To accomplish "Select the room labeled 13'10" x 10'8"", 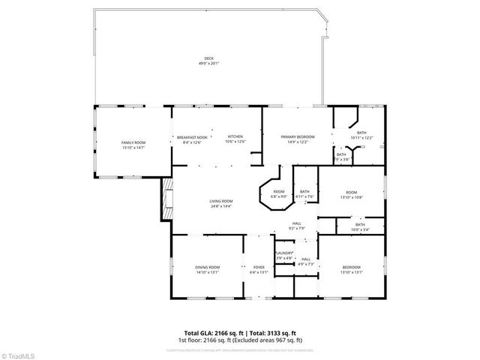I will point(352,194).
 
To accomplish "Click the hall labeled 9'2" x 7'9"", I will point(297,226).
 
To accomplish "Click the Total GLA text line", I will point(240,332).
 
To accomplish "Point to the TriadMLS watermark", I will point(18,354).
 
